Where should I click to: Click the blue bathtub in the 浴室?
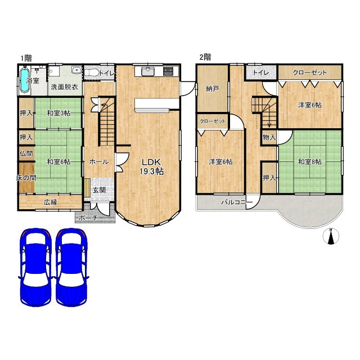(x=25, y=80)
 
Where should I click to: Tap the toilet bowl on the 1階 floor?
(x=92, y=73)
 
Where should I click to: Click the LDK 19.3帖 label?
(x=151, y=166)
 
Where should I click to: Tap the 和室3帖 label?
(x=58, y=113)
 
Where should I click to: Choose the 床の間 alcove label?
(x=26, y=178)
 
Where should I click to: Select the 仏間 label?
(x=26, y=154)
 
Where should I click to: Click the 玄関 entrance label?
(x=99, y=190)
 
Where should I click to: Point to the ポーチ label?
(x=89, y=218)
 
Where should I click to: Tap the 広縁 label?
(x=51, y=202)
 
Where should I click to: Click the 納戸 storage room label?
(x=213, y=89)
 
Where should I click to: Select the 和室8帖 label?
(x=309, y=161)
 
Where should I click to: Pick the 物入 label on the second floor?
(x=269, y=137)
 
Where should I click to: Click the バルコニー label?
(x=237, y=202)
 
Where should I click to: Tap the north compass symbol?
(x=331, y=236)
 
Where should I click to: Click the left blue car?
(x=36, y=267)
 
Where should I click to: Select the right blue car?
(x=71, y=267)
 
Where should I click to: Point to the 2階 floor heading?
(x=205, y=57)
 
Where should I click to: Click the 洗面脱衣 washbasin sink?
(x=76, y=70)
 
